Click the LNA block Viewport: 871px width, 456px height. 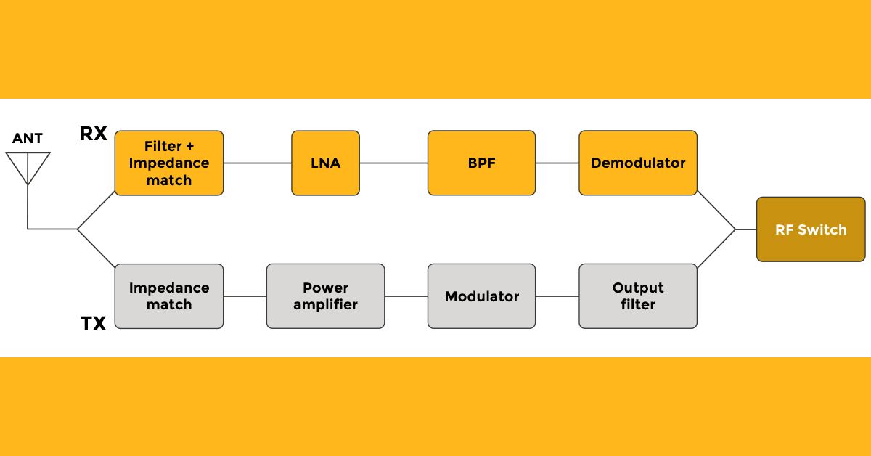point(325,163)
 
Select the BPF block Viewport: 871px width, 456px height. point(481,163)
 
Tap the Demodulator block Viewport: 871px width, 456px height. point(637,163)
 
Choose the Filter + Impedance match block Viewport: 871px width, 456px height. point(168,163)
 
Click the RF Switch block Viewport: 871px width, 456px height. point(811,229)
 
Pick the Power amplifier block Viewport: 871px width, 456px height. point(325,296)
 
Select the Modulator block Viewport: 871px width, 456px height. point(481,296)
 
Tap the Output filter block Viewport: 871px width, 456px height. point(637,296)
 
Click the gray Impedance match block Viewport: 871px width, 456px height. point(168,296)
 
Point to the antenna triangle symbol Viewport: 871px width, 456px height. point(28,166)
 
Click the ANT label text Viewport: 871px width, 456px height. point(28,138)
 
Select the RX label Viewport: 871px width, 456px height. point(93,134)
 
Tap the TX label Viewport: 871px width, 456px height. point(93,323)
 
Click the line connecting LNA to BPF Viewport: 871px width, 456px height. point(393,163)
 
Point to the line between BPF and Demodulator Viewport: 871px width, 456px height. point(557,163)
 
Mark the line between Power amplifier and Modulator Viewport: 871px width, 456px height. point(406,296)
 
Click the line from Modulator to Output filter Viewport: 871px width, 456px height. point(557,296)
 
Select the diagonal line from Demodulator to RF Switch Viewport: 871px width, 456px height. point(716,211)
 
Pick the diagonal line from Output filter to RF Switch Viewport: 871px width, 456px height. point(716,248)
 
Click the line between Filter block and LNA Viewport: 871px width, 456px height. point(258,163)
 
